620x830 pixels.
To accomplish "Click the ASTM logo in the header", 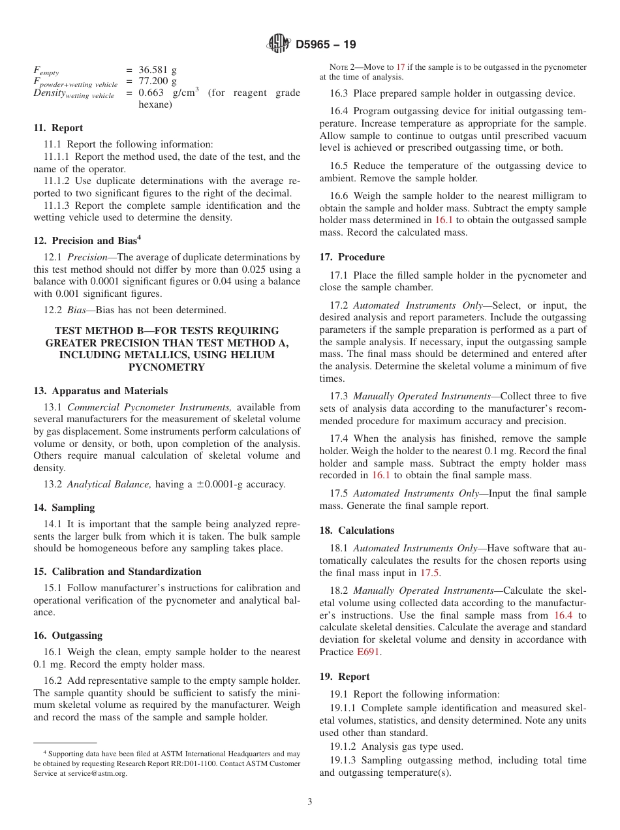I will [x=279, y=44].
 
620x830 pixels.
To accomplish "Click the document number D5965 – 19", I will [x=326, y=45].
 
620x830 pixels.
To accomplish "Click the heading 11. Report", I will [x=58, y=128].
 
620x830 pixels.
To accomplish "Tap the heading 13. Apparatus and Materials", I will [x=101, y=391].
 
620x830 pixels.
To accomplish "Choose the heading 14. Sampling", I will [x=64, y=508].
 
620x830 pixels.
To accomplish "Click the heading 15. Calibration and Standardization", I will [x=117, y=572].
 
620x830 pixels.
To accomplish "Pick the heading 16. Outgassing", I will [x=69, y=636].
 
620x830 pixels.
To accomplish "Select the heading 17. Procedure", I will [x=352, y=257].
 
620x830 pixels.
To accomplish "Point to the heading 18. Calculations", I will [x=357, y=530].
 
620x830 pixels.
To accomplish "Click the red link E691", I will [x=369, y=652].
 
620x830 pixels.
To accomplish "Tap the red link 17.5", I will [x=429, y=573].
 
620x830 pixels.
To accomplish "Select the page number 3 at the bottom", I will [x=310, y=802].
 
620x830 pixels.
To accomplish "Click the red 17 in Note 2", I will [x=401, y=67].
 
